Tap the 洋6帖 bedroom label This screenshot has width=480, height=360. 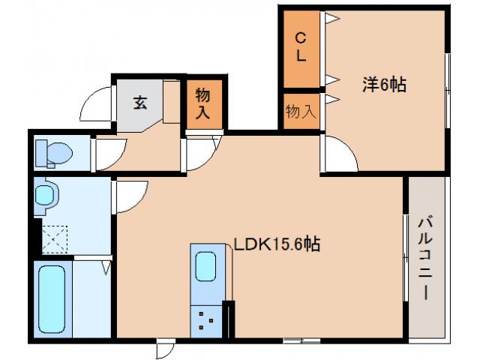click(385, 85)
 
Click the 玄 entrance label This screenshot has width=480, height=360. click(139, 103)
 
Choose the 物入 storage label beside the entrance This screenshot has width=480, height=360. click(203, 104)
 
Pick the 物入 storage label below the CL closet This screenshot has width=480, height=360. click(301, 111)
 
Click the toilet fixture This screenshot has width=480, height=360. click(54, 154)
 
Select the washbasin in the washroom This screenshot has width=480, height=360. click(46, 196)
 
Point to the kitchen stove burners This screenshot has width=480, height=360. click(205, 321)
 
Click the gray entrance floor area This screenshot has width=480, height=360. click(139, 105)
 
